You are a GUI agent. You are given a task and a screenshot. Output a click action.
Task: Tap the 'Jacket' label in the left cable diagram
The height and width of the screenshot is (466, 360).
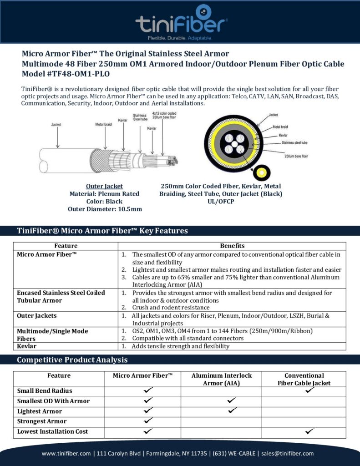(56, 124)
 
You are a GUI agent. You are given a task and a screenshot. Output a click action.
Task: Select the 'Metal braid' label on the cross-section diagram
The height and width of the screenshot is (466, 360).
(280, 127)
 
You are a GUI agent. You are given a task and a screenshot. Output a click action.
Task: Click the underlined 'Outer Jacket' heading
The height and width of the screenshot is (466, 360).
(104, 186)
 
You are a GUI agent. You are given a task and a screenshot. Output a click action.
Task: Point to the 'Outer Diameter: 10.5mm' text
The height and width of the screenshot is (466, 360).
(105, 209)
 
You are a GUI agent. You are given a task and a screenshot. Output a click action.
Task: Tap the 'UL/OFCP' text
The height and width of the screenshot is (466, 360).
(221, 201)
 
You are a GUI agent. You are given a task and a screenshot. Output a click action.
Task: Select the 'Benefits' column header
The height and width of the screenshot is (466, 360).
(232, 246)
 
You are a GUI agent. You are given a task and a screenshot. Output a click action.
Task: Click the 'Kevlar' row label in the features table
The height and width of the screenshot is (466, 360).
(26, 346)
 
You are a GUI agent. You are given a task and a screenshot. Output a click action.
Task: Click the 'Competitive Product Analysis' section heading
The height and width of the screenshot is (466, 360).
(72, 360)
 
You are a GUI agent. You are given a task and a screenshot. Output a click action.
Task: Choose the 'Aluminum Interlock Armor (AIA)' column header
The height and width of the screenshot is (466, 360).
(221, 379)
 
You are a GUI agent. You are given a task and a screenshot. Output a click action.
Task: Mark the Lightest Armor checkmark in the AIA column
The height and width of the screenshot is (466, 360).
(232, 410)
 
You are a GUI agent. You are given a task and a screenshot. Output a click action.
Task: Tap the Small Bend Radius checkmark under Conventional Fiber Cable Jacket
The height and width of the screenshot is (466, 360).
(310, 390)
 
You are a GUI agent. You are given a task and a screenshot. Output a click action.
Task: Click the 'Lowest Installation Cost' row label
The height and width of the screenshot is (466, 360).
(52, 431)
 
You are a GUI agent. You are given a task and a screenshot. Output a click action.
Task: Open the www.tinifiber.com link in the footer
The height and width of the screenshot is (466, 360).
(66, 453)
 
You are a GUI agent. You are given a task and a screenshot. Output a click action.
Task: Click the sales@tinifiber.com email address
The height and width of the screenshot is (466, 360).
(288, 453)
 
